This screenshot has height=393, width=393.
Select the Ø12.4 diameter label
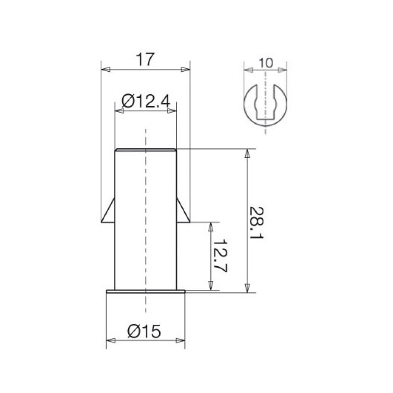point(146,101)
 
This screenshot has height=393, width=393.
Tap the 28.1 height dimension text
point(256,223)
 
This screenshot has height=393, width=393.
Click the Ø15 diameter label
point(144,331)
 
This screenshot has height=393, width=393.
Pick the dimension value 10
point(266,63)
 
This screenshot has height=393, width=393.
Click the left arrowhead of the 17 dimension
point(106,69)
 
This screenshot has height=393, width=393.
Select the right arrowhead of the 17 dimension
point(186,69)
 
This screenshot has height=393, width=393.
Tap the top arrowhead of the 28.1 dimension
point(247,153)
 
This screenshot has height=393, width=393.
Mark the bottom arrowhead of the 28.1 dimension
point(247,288)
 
